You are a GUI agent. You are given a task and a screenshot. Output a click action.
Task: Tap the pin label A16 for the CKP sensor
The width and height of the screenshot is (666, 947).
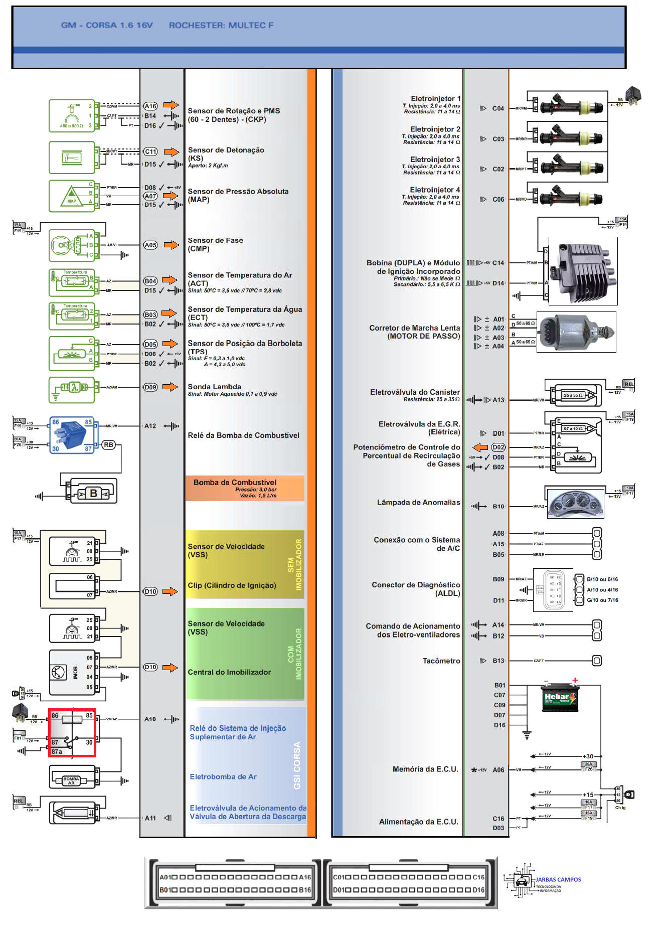(x=150, y=106)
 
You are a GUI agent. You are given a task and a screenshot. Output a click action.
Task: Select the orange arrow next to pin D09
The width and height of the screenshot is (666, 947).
(x=171, y=387)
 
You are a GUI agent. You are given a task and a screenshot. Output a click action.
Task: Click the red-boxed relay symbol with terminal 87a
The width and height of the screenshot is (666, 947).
(x=72, y=733)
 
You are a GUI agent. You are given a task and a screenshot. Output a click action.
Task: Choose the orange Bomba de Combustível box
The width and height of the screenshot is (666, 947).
(x=245, y=489)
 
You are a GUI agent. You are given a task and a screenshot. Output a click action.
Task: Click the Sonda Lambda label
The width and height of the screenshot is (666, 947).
(x=215, y=387)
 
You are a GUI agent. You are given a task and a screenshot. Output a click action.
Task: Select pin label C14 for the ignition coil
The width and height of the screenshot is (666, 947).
(x=498, y=263)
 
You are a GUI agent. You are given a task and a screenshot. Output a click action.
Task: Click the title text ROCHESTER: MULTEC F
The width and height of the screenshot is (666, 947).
(x=221, y=25)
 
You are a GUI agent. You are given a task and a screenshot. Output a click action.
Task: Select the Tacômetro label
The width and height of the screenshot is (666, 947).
(x=441, y=661)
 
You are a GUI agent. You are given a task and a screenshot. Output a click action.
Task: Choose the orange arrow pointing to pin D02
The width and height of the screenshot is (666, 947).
(x=480, y=447)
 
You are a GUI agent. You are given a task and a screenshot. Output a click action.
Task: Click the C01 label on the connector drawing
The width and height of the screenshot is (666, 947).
(x=340, y=877)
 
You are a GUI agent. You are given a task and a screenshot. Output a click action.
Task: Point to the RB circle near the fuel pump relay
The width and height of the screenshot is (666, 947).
(x=108, y=444)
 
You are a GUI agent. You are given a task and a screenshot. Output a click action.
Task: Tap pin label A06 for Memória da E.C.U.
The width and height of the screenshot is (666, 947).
(x=498, y=770)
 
